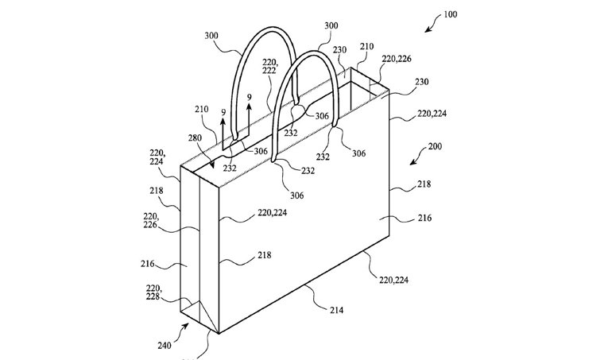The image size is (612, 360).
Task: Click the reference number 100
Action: [450, 14]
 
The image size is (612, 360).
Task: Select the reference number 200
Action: [435, 146]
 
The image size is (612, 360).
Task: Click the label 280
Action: [196, 137]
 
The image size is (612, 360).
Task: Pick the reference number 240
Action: [165, 345]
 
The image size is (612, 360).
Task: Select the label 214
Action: [336, 311]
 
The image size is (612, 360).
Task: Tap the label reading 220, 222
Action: [269, 67]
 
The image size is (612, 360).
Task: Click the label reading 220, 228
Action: [153, 292]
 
